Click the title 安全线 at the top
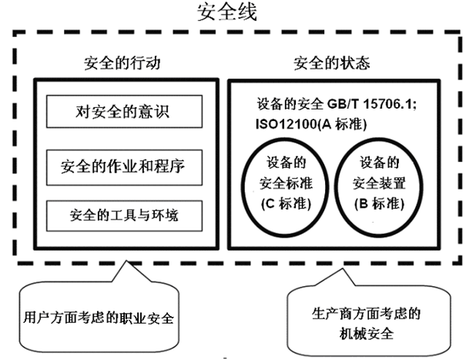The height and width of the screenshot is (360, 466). pyautogui.click(x=227, y=12)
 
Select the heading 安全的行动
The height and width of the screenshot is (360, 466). pyautogui.click(x=122, y=63)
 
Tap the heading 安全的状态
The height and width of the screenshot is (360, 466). pyautogui.click(x=332, y=63)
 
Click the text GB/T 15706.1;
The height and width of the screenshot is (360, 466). pyautogui.click(x=372, y=104)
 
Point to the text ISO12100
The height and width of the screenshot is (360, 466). pyautogui.click(x=286, y=124)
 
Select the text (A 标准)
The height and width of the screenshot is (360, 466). pyautogui.click(x=342, y=124)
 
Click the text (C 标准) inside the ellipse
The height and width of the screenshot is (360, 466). pyautogui.click(x=286, y=204)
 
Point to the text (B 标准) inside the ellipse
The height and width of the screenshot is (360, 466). pyautogui.click(x=379, y=204)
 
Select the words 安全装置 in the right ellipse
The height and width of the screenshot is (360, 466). pyautogui.click(x=379, y=183)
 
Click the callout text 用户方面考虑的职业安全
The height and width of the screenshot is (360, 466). pyautogui.click(x=99, y=318)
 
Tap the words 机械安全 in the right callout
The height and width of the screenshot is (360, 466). pyautogui.click(x=366, y=333)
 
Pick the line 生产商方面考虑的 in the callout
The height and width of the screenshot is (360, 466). pyautogui.click(x=366, y=314)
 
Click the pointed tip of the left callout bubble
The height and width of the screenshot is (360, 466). pyautogui.click(x=127, y=261)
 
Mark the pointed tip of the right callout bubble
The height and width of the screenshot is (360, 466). pyautogui.click(x=342, y=269)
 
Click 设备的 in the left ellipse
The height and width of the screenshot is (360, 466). pyautogui.click(x=286, y=163)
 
